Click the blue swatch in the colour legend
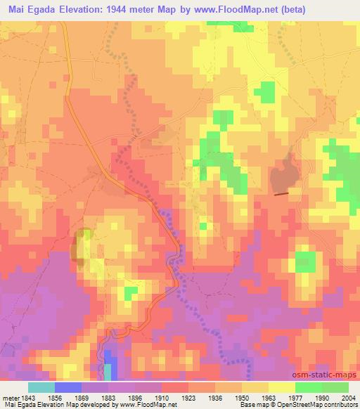click(67, 387)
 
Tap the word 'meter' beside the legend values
click(8, 397)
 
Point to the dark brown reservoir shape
click(283, 173)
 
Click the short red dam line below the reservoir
click(281, 193)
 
